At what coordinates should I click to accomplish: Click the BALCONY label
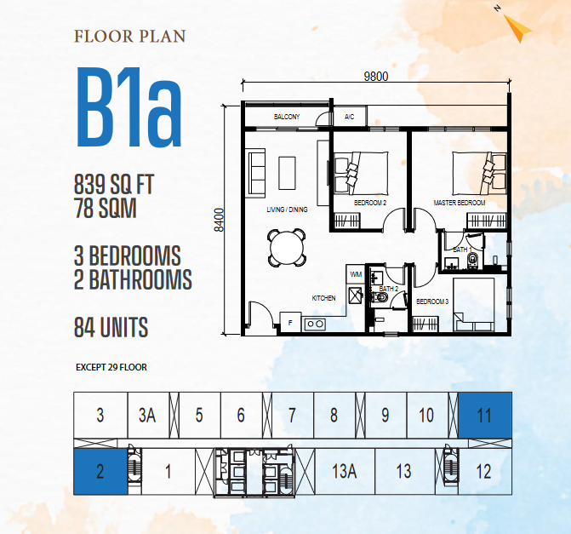287,117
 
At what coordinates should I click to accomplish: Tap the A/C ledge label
349,117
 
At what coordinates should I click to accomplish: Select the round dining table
287,248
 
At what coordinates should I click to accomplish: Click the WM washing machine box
356,274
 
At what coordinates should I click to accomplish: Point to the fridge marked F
290,322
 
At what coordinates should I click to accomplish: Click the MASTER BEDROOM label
460,203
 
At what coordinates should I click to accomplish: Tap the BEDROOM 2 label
370,203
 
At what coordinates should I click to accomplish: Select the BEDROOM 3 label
432,301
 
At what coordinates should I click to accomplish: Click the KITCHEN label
323,298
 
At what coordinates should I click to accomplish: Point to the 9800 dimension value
376,77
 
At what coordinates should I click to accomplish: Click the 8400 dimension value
219,220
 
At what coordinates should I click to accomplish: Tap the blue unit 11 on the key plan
485,415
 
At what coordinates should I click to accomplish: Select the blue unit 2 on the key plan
100,472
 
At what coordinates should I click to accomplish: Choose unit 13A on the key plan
345,472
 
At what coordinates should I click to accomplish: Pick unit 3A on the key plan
147,415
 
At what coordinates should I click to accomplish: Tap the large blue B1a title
128,107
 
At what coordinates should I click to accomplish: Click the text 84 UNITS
111,327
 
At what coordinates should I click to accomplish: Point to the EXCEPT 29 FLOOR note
111,367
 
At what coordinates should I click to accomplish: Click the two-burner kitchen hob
315,324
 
